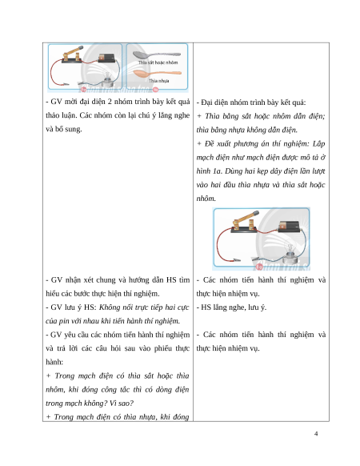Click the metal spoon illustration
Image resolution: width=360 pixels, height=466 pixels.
pos(156,55)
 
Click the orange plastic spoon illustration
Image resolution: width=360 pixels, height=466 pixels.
pos(157,73)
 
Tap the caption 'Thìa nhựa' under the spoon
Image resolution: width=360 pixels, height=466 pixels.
pos(159,81)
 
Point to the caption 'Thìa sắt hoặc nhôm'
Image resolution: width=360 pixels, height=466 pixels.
pos(158,62)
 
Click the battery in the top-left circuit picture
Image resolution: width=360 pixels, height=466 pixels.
pos(106,58)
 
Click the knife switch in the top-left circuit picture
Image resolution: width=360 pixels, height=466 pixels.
pos(72,55)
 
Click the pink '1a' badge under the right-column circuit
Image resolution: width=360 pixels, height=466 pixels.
pos(259,267)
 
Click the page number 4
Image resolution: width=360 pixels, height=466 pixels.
pos(316,434)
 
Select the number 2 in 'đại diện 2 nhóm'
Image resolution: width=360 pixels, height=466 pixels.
pos(110,102)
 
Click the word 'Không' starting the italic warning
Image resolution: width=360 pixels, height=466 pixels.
pos(110,307)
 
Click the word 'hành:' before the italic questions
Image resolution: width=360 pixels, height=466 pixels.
pos(54,362)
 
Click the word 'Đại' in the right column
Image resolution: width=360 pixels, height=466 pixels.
pos(206,102)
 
